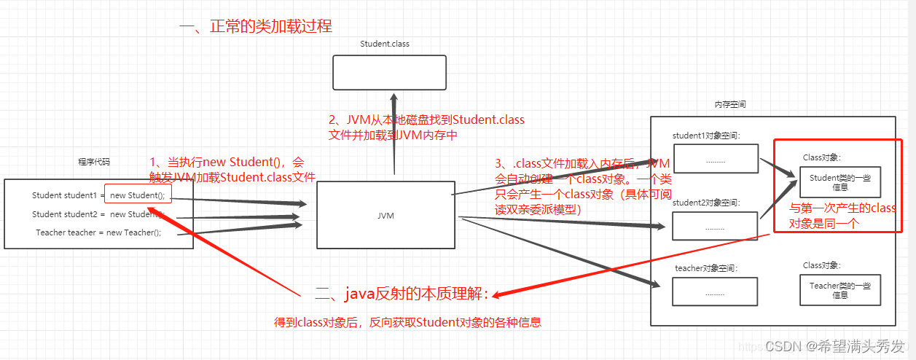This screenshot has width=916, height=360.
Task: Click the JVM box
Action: point(385,215)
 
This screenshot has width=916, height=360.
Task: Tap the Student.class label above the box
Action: point(385,44)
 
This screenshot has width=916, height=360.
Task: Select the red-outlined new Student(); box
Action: point(138,195)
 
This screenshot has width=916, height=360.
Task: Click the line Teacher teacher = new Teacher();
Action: point(98,232)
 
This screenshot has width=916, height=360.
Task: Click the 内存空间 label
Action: point(729,104)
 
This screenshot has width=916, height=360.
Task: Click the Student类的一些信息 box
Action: point(839,182)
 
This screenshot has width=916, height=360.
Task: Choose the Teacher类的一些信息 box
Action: point(839,290)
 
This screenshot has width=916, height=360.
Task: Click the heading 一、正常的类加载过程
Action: point(255,27)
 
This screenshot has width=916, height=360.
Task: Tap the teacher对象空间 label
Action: point(706,268)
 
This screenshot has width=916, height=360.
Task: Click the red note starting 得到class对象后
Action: point(407,322)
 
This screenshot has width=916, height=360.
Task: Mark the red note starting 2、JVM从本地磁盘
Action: point(426,127)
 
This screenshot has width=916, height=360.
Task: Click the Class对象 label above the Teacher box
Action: point(821,265)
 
